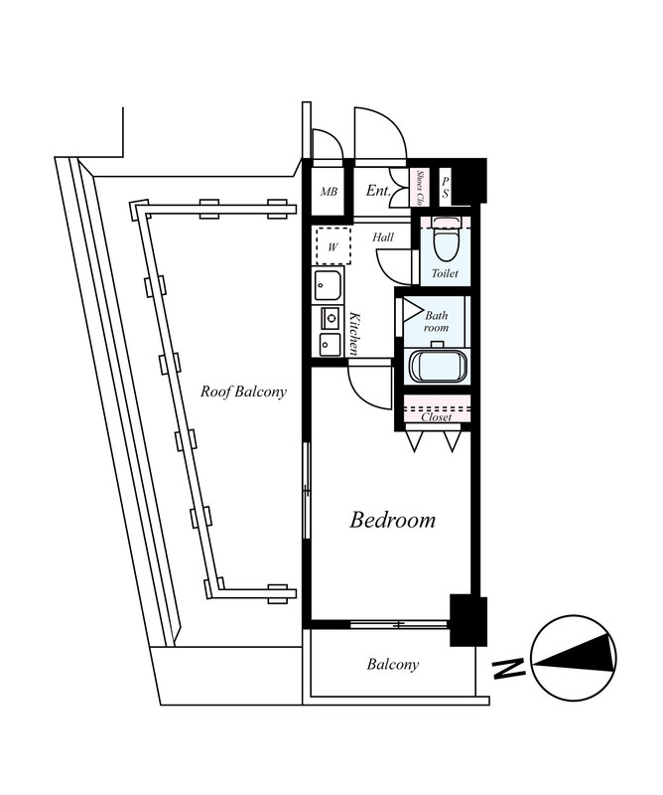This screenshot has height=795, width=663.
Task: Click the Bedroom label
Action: coord(392,520)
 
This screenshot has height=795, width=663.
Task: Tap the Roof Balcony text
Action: coord(243,392)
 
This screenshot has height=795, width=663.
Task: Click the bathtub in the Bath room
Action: coord(438,366)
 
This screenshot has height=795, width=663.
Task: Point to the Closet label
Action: coord(436,417)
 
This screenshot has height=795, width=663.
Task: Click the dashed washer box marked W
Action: coord(332,245)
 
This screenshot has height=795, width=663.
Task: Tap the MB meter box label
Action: coord(329,192)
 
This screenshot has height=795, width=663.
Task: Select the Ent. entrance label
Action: coord(378,191)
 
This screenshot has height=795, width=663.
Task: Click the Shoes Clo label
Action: coord(420,188)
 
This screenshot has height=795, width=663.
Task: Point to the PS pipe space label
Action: coord(446,187)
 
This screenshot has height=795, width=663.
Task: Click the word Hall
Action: coord(383,237)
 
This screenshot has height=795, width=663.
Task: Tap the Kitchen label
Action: coord(355,334)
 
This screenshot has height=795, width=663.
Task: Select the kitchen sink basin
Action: coord(328,286)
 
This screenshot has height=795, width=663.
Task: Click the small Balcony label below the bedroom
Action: coord(393,664)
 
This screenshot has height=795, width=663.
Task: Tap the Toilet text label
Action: coord(445,273)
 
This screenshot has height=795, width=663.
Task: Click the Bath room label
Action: coord(436,321)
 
